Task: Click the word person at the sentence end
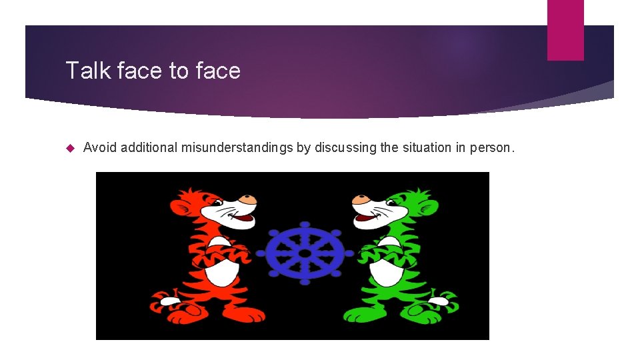pos(492,147)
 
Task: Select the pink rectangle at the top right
pos(565,30)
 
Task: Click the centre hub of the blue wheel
pos(305,253)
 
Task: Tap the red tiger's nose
pos(249,199)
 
